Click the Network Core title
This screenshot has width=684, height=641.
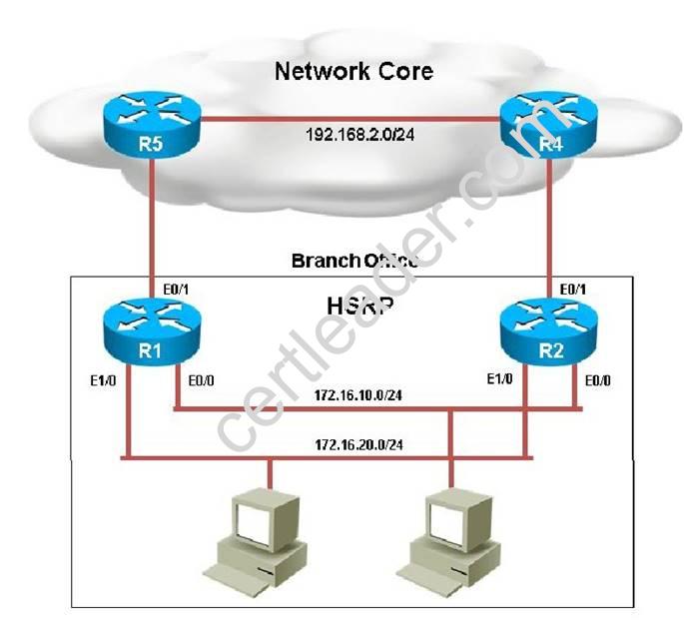pos(353,71)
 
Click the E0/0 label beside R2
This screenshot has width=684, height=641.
pos(594,379)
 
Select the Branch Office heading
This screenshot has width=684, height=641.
pos(354,261)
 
